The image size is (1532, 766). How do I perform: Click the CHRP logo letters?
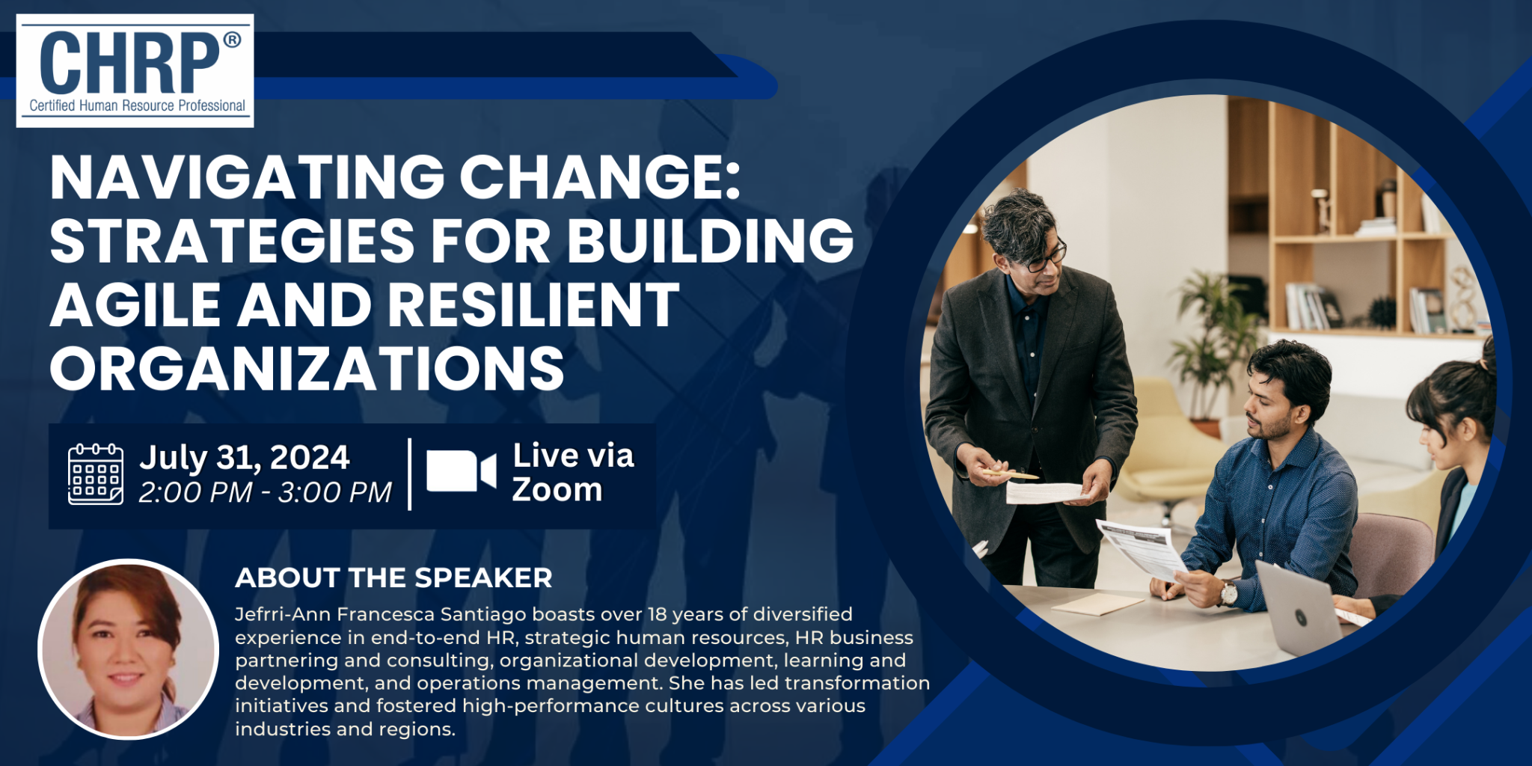[x=129, y=64]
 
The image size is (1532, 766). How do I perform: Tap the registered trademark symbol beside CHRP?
[x=232, y=40]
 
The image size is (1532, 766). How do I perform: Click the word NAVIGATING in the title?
[x=248, y=178]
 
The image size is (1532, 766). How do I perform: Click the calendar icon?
[x=96, y=474]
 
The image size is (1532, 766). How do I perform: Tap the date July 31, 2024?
[x=244, y=458]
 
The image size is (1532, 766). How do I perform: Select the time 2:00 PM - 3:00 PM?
[x=265, y=492]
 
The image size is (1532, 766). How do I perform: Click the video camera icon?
[x=461, y=471]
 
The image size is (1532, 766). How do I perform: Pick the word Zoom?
[x=557, y=490]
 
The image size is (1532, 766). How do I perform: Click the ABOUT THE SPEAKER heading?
[x=393, y=577]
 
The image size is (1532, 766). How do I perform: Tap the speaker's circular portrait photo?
[x=129, y=649]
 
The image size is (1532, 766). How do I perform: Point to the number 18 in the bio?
[x=657, y=614]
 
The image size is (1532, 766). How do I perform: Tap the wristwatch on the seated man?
[x=1228, y=593]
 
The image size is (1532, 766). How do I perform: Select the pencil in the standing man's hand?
[x=1010, y=474]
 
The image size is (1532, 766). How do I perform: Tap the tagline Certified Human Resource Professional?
[x=137, y=106]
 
